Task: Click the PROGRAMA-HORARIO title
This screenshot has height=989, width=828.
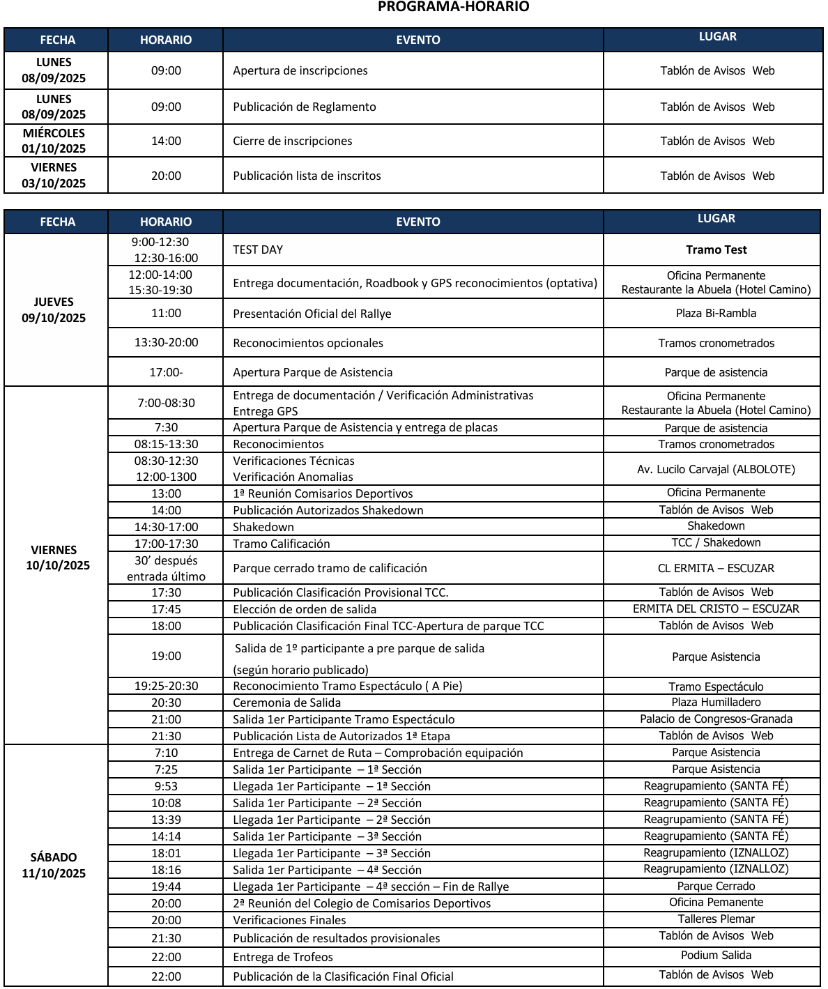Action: (x=453, y=7)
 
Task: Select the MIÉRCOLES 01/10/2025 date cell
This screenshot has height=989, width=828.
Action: (x=54, y=141)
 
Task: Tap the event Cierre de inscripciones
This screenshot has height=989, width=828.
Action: (x=292, y=141)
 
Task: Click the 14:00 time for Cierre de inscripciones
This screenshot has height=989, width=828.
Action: (x=166, y=141)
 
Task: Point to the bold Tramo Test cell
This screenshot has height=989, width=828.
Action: (x=716, y=250)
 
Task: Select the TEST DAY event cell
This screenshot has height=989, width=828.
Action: (x=258, y=250)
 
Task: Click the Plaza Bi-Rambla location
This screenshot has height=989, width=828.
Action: (x=716, y=313)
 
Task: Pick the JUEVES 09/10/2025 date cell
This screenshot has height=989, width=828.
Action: (x=54, y=309)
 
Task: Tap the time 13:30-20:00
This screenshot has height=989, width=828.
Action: (x=166, y=342)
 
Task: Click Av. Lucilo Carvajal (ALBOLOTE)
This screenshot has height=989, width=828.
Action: (x=716, y=469)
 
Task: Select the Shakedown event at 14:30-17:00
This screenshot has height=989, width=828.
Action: (x=263, y=527)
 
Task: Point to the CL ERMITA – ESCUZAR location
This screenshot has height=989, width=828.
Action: (x=716, y=568)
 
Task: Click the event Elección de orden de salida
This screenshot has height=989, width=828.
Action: (x=305, y=609)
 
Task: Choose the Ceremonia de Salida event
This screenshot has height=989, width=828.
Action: (x=286, y=703)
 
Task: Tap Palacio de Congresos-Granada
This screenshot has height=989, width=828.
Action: (x=716, y=719)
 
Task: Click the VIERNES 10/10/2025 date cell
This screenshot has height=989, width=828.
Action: (x=57, y=558)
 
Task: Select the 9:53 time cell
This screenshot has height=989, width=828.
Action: (x=166, y=786)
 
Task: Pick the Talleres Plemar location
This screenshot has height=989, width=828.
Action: (x=716, y=919)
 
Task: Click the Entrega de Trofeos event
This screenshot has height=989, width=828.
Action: (x=283, y=957)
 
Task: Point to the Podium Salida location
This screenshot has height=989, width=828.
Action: (x=716, y=955)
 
